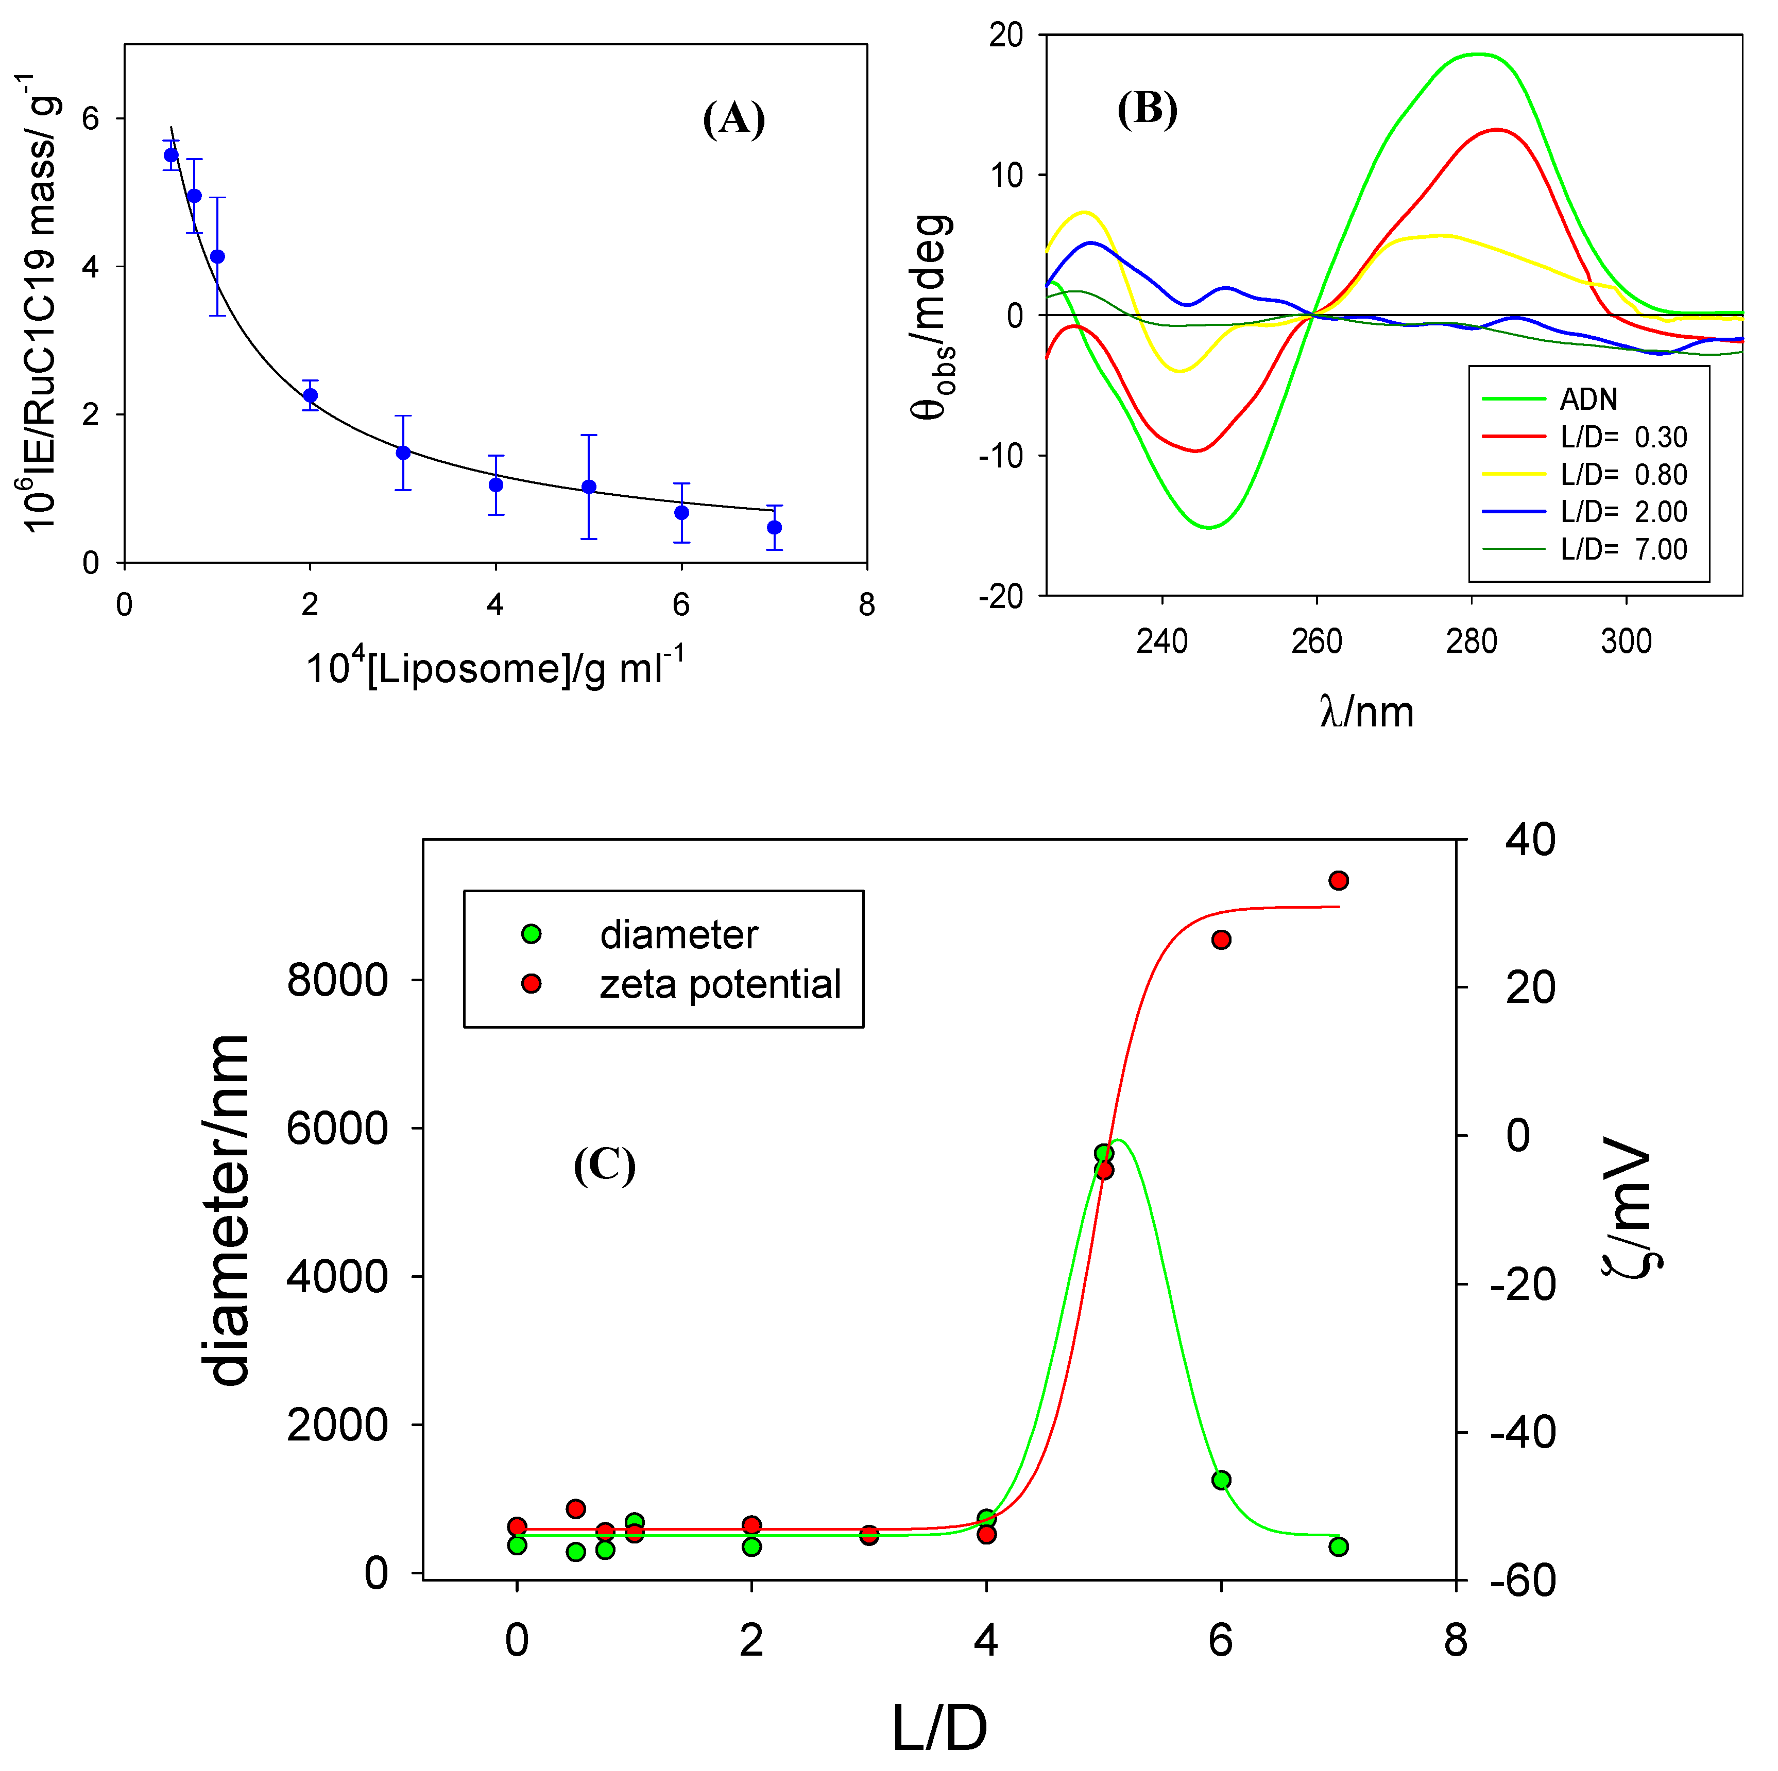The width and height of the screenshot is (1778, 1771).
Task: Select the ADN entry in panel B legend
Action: tap(1587, 400)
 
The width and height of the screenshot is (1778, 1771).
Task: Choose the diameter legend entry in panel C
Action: tap(678, 935)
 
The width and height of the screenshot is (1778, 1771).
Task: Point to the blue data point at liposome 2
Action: tap(310, 395)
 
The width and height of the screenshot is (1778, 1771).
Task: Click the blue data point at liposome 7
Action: tap(774, 527)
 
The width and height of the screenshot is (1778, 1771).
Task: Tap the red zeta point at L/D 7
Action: tap(1339, 880)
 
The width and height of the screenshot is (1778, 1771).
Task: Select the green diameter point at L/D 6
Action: tap(1221, 1480)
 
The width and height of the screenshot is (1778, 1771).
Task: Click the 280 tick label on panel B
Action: tap(1471, 641)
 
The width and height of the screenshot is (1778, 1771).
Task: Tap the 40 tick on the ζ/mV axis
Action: tap(1530, 840)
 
